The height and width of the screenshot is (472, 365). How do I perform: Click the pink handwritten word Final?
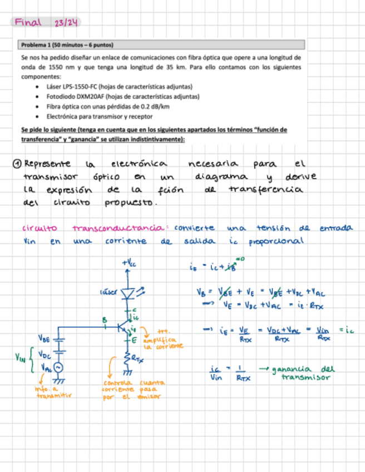tap(28, 22)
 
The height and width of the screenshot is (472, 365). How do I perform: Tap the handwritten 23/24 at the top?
tap(66, 23)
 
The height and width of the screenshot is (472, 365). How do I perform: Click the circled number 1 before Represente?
tap(17, 164)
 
